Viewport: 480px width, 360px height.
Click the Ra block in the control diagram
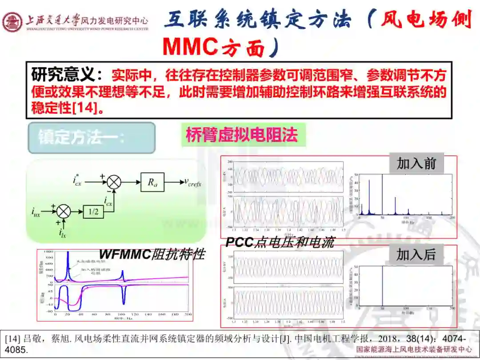pos(152,182)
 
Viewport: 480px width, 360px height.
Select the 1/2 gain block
pos(93,212)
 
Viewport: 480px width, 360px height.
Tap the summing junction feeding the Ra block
pos(115,182)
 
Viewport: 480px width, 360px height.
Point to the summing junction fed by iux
pos(64,212)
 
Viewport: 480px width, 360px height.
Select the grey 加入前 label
pos(416,164)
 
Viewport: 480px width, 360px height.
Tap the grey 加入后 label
pos(416,255)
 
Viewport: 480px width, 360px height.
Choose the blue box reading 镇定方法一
pos(92,138)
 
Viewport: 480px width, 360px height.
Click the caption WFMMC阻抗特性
pos(152,254)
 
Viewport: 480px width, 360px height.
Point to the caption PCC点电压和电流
pos(280,242)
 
